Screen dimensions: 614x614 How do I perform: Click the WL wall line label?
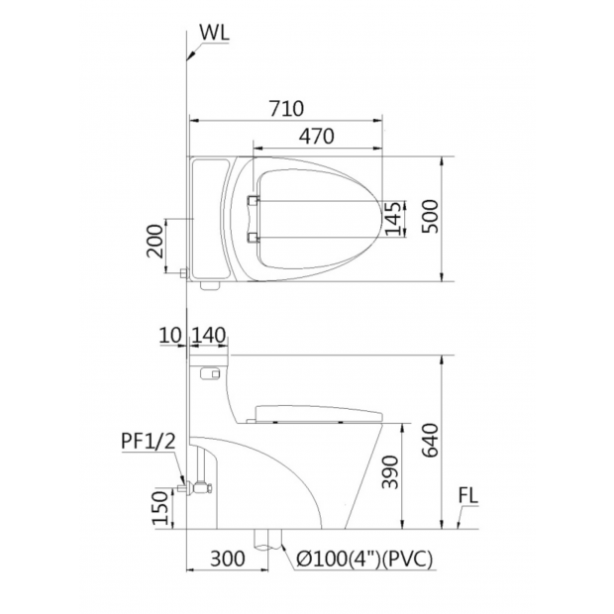pyautogui.click(x=214, y=34)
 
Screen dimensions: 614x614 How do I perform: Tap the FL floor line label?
pyautogui.click(x=468, y=496)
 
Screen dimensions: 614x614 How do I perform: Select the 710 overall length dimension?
pyautogui.click(x=286, y=109)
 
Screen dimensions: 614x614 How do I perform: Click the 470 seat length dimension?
pyautogui.click(x=317, y=136)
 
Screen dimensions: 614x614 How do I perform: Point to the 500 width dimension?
pyautogui.click(x=431, y=217)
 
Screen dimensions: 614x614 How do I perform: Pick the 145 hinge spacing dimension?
pyautogui.click(x=393, y=219)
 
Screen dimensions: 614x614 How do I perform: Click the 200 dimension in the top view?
pyautogui.click(x=154, y=241)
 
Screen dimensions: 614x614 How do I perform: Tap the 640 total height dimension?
pyautogui.click(x=431, y=440)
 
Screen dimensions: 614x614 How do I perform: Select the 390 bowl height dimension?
pyautogui.click(x=390, y=472)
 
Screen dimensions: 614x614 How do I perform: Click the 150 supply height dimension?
pyautogui.click(x=160, y=508)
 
